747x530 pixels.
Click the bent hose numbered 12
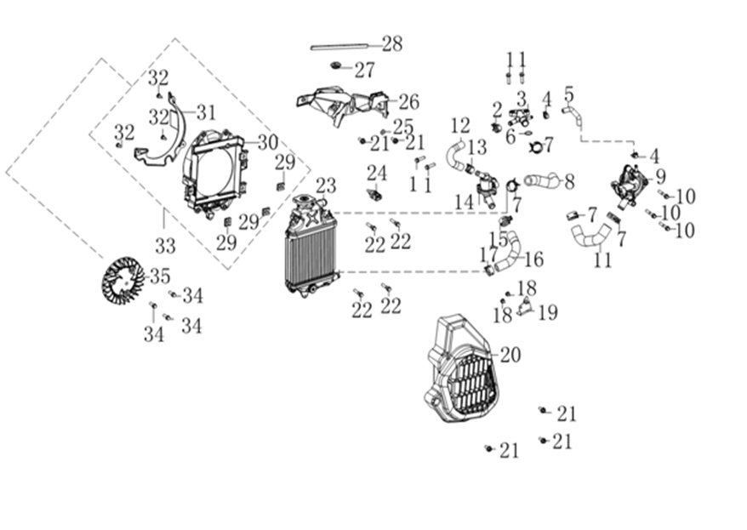pos(456,154)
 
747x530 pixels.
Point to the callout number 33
pos(165,246)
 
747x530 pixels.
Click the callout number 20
pos(510,354)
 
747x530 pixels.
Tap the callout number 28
pos(391,43)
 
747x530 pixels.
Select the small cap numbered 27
pos(336,66)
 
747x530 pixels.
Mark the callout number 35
pos(160,276)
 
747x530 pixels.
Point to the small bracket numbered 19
pos(524,307)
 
